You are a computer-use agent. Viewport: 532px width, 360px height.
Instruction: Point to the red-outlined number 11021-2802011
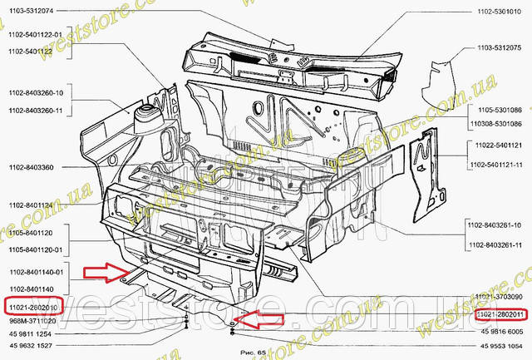click(499, 315)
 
